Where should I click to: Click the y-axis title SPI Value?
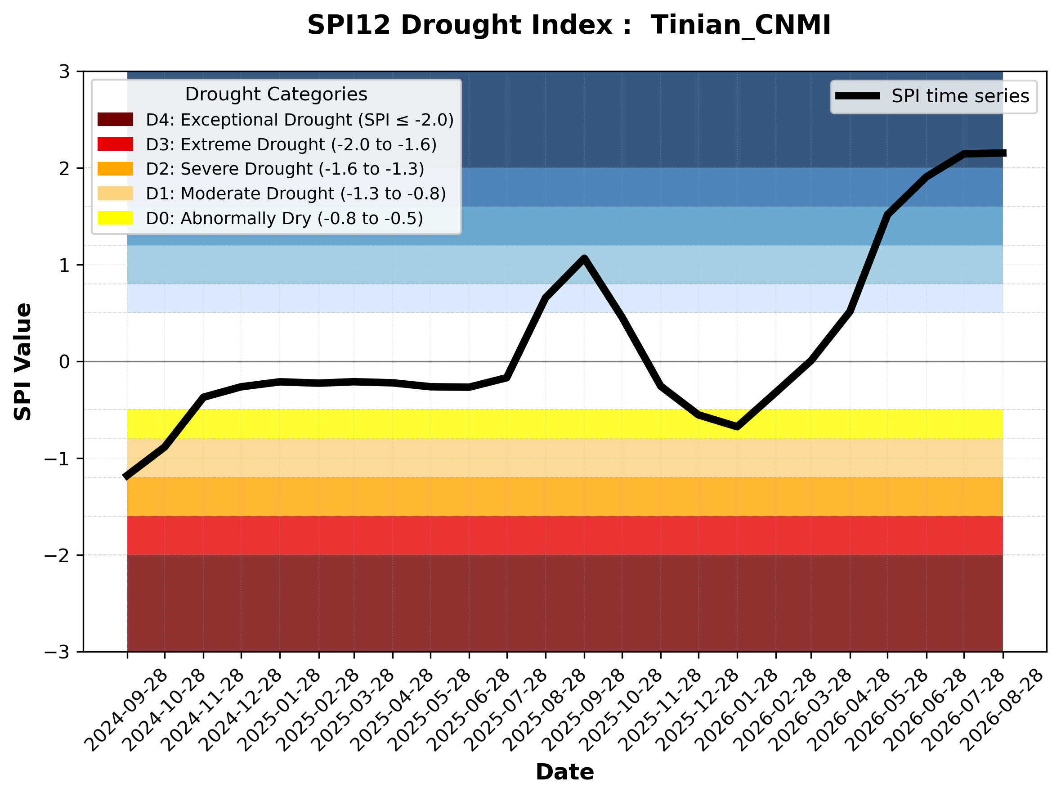click(x=22, y=362)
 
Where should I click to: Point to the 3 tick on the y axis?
click(x=64, y=72)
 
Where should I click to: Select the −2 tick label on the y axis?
click(x=57, y=555)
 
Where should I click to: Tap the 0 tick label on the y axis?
click(x=64, y=361)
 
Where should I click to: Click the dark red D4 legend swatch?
click(x=115, y=119)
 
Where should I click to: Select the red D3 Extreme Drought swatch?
click(x=115, y=144)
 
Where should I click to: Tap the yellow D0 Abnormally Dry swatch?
click(x=115, y=218)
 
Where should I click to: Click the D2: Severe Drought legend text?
click(x=285, y=169)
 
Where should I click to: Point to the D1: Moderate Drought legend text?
click(x=296, y=194)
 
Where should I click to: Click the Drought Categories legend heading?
click(x=276, y=94)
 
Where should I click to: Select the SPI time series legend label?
click(x=960, y=96)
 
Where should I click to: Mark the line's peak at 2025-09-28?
click(x=584, y=259)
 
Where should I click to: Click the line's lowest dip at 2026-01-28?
click(x=737, y=427)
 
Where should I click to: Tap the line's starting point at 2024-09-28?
click(x=126, y=477)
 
